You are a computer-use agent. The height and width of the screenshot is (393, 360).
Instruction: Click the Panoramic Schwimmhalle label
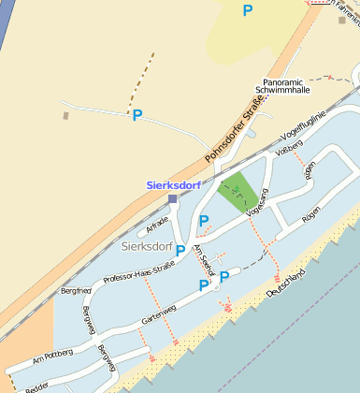tap(286, 86)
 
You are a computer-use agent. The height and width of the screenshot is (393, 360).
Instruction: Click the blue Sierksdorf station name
tap(174, 185)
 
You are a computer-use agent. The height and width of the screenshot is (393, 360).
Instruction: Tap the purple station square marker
tap(172, 198)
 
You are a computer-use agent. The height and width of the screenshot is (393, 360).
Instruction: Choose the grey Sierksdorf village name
tap(148, 246)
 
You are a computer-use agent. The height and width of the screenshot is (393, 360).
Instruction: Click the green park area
tap(239, 191)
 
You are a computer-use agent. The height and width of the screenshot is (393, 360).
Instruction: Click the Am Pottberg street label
tap(50, 357)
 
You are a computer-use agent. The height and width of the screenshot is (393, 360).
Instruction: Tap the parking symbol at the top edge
tap(248, 10)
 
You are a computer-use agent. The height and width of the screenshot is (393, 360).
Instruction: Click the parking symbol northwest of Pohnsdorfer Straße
tap(137, 115)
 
